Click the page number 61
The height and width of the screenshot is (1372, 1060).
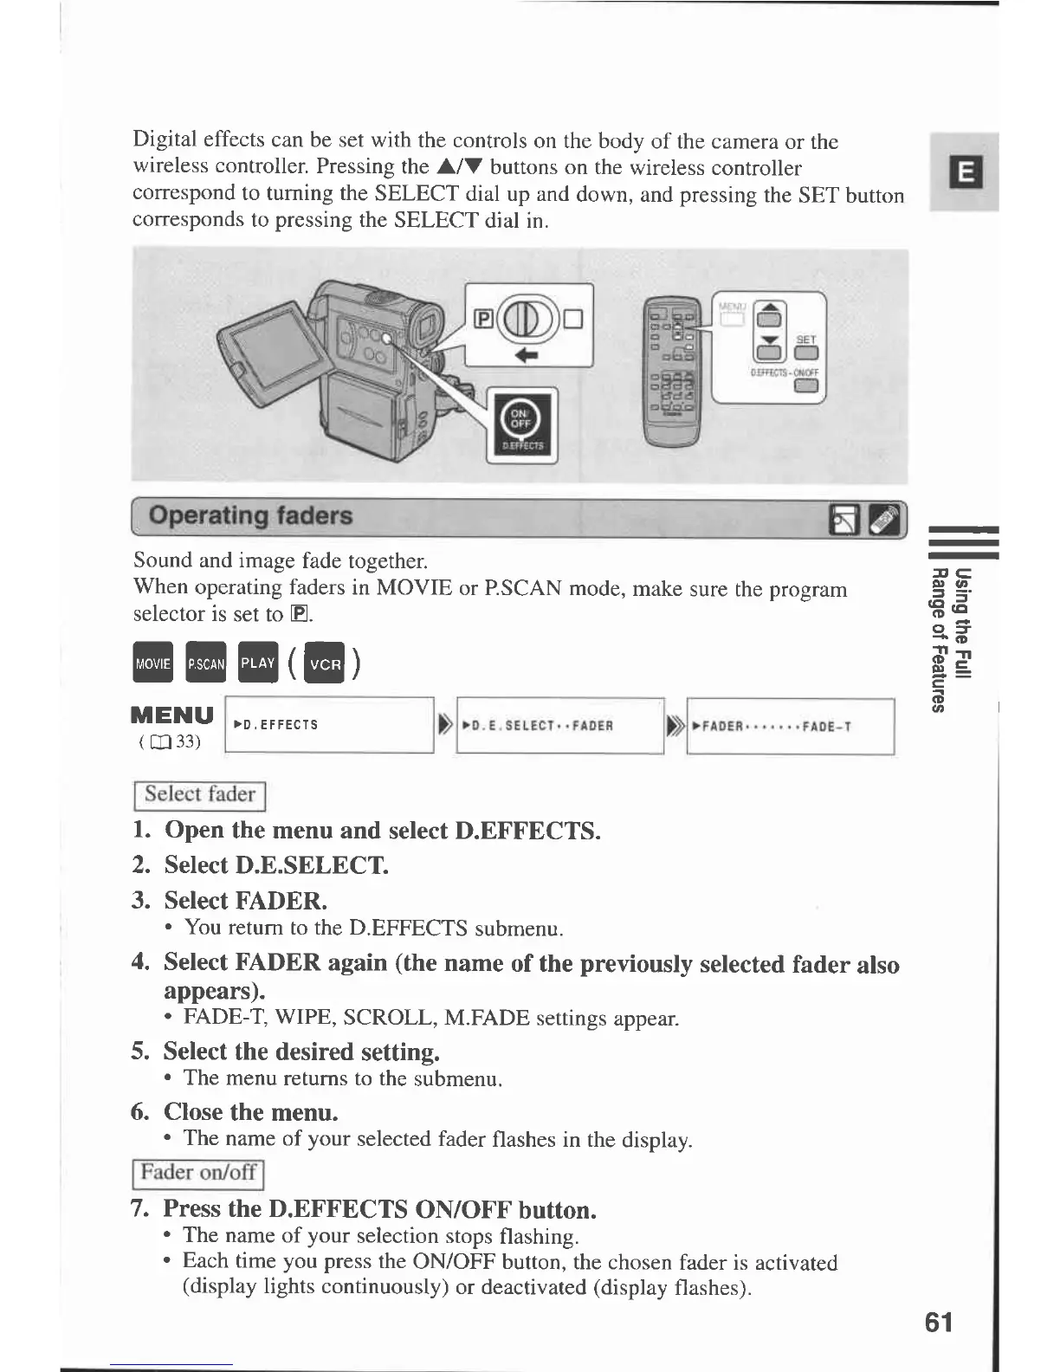tap(939, 1322)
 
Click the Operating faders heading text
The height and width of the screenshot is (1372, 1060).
tap(250, 516)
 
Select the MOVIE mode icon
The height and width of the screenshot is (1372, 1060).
tap(153, 663)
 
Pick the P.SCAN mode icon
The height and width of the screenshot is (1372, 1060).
tap(206, 663)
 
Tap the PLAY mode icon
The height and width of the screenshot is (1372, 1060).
tap(258, 663)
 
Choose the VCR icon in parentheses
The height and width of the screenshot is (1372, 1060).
tap(326, 664)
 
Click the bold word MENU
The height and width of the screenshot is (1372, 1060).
tap(171, 715)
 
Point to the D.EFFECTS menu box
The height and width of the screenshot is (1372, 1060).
tap(329, 725)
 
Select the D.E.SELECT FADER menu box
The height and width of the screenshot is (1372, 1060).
tap(559, 726)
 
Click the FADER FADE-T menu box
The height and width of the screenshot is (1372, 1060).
tap(790, 726)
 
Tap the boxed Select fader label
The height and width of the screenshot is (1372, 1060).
tap(199, 794)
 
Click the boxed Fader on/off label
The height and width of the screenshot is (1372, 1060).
tap(197, 1173)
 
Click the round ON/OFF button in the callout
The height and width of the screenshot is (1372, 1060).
tap(521, 418)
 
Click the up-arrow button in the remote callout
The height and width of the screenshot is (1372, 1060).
tap(770, 314)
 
